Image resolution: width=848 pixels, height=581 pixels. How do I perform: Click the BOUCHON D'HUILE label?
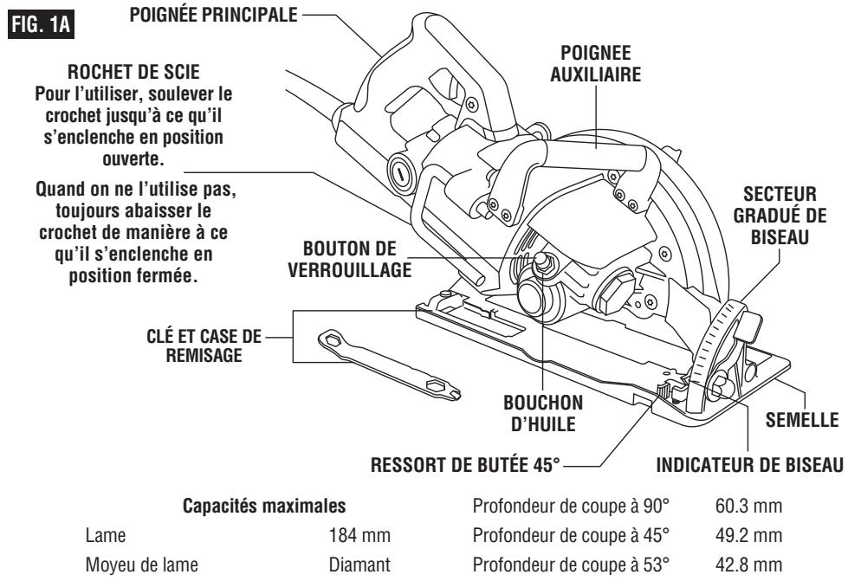click(544, 410)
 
